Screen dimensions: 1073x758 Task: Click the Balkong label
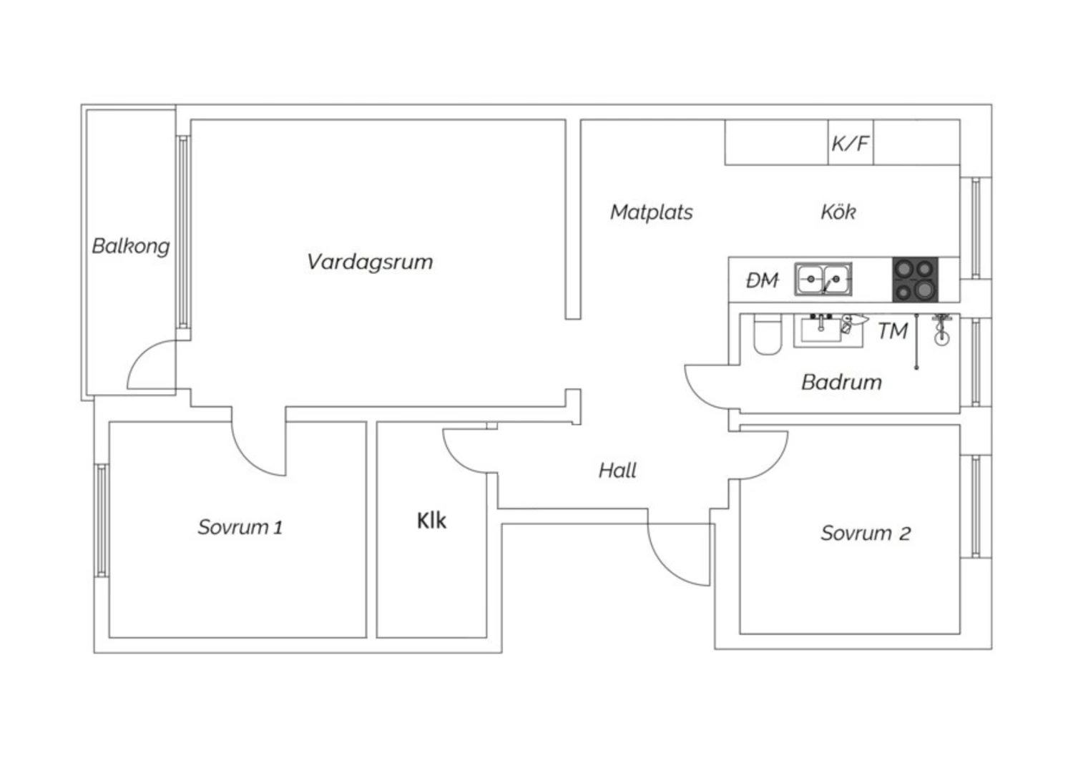[131, 247]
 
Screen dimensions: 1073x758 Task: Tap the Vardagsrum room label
[370, 262]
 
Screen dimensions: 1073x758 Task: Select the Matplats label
[652, 212]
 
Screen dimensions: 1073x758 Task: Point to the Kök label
[838, 212]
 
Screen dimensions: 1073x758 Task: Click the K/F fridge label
[851, 143]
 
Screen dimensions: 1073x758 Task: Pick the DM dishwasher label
[762, 280]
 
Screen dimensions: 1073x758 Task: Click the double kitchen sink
[823, 279]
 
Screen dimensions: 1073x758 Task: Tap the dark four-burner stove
[915, 280]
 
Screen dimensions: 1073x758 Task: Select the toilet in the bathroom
[768, 334]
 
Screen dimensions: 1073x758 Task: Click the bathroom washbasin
[828, 330]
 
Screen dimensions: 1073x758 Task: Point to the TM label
[893, 331]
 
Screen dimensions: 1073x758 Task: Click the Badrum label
[842, 382]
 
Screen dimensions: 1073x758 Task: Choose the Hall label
[617, 471]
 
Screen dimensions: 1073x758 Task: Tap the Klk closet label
[431, 521]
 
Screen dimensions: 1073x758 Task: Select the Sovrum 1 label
[240, 527]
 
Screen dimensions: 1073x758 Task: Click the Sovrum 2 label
[866, 533]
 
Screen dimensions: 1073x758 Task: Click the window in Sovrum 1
[102, 521]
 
